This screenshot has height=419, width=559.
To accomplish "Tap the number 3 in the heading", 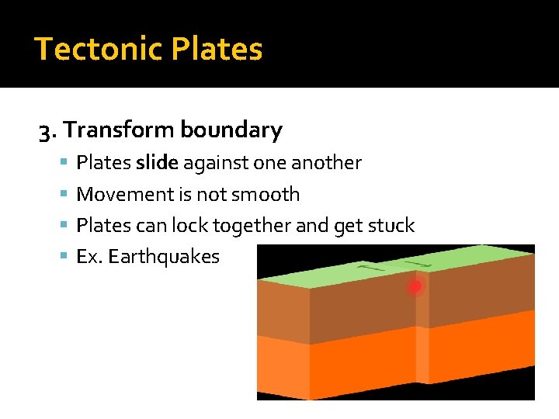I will click(45, 130).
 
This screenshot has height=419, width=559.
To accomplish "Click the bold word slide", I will click(156, 163).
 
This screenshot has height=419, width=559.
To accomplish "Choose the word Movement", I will click(117, 195).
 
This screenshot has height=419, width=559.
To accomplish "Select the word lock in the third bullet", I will click(191, 226).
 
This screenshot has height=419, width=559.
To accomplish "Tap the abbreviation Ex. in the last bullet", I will click(89, 257).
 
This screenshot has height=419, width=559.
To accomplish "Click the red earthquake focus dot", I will click(415, 287).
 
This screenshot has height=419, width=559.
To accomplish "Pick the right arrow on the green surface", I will click(420, 265).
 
